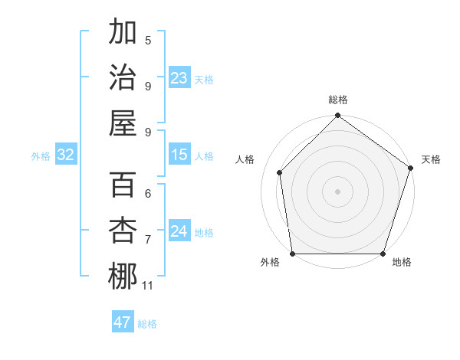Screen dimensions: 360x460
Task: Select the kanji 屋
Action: [123, 122]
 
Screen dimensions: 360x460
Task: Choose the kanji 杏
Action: [123, 229]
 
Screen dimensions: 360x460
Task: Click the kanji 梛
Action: [123, 275]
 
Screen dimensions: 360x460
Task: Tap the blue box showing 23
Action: [179, 78]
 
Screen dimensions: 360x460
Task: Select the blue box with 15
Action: [179, 155]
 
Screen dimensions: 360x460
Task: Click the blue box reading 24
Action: [179, 232]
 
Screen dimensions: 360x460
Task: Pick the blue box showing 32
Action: [66, 155]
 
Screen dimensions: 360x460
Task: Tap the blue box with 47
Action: [123, 322]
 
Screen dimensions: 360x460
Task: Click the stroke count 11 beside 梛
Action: [148, 286]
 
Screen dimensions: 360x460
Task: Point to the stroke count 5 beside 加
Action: [148, 41]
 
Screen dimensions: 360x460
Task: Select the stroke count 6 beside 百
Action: [148, 194]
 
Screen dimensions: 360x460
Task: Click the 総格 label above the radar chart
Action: [337, 100]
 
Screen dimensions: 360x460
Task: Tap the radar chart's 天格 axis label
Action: [431, 159]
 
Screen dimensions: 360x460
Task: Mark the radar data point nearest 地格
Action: [383, 254]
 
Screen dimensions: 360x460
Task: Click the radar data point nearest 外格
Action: [292, 254]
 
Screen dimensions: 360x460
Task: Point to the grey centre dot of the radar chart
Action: [337, 191]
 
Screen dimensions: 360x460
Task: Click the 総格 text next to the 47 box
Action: [147, 324]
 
